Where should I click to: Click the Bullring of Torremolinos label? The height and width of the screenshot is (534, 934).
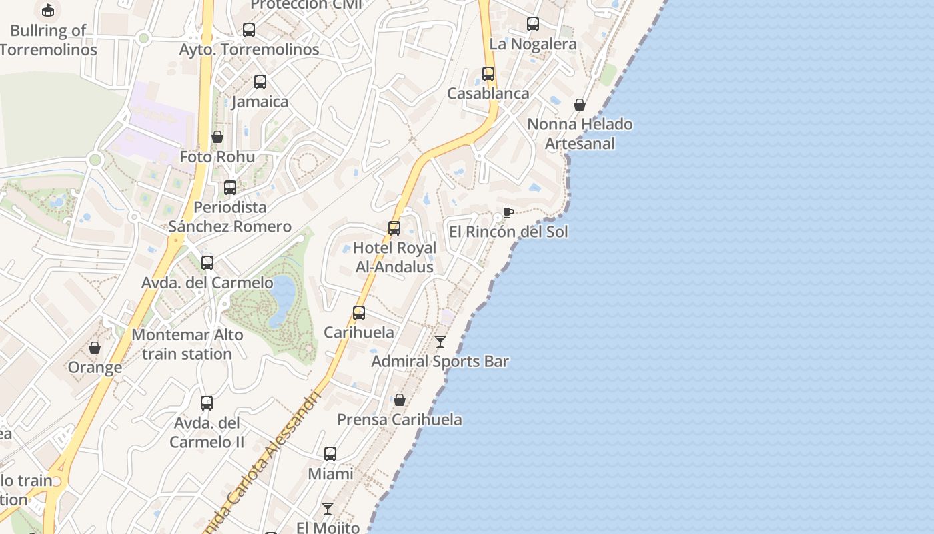pos(48,40)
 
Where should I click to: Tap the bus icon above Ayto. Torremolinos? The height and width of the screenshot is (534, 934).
pos(249,29)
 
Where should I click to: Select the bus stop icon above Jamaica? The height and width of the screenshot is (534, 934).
pos(260,82)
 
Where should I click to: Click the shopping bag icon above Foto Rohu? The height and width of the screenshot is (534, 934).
pos(217,137)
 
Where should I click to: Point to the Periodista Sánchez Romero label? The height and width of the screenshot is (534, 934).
pos(229,217)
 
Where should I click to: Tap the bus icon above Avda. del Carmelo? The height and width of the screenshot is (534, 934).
pos(207,263)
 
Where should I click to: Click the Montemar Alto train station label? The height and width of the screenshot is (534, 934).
pos(187,344)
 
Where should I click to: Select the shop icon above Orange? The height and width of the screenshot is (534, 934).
pos(95,348)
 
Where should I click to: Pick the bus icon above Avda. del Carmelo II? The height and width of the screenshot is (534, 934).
pos(207,403)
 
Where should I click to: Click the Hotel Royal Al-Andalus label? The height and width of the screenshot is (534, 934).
pos(394,257)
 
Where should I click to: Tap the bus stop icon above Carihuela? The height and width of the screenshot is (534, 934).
pos(359,312)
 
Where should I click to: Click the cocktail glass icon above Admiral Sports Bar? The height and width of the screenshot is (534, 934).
pos(440,342)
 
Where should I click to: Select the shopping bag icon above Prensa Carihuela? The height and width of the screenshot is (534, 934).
pos(399,400)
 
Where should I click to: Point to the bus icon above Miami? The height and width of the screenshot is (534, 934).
pos(330,454)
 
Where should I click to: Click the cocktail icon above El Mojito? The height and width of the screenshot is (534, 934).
pos(328,509)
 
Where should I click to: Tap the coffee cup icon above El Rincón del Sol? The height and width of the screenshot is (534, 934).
pos(508,213)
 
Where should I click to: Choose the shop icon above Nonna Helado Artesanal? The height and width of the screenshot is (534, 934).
pos(580,105)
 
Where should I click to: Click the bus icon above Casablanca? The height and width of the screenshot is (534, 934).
pos(488,74)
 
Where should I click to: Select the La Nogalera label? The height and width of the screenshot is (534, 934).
pos(533,44)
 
